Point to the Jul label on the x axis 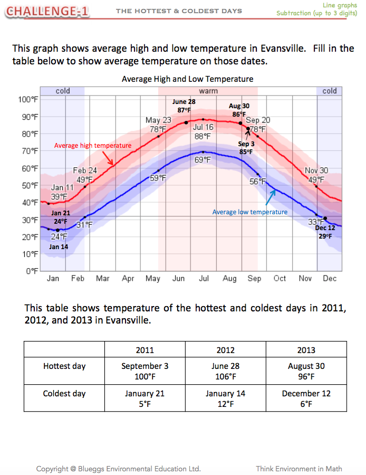point(204,279)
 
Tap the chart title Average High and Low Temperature point(187,79)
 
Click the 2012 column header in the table point(225,350)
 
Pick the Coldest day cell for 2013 point(306,399)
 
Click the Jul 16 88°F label point(203,132)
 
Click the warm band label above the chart point(208,91)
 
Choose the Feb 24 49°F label point(85,175)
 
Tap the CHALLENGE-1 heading point(49,11)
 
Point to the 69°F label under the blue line point(203,159)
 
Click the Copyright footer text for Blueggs point(118,468)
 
